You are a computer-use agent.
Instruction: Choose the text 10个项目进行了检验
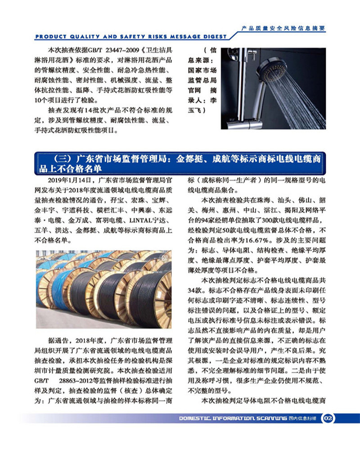pos(65,100)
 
